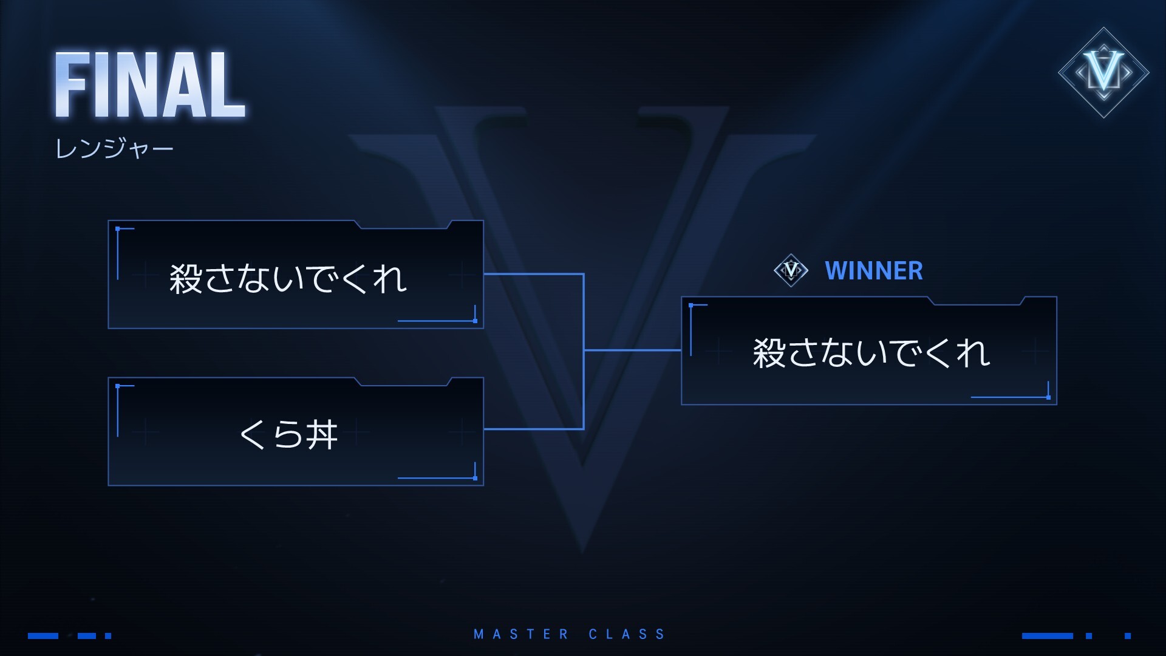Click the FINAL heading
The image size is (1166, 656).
point(150,85)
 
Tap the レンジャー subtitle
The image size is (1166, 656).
point(114,148)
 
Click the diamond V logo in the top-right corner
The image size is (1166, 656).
point(1103,72)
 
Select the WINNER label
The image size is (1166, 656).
point(873,271)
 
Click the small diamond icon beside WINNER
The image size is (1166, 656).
point(791,270)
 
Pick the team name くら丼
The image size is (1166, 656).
point(288,434)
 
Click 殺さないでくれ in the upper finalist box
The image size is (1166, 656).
point(288,279)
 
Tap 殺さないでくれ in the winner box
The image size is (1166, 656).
point(871,353)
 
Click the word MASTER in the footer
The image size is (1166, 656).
point(521,634)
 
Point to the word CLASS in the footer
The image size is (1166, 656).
point(627,634)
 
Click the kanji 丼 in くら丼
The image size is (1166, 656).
point(322,434)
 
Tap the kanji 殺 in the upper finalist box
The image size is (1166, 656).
point(185,279)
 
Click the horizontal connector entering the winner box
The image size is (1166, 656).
point(632,350)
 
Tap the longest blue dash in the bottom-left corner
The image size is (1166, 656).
point(43,636)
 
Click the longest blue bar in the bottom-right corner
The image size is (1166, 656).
point(1047,636)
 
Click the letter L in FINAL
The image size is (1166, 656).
point(226,85)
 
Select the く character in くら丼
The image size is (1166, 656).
point(252,434)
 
